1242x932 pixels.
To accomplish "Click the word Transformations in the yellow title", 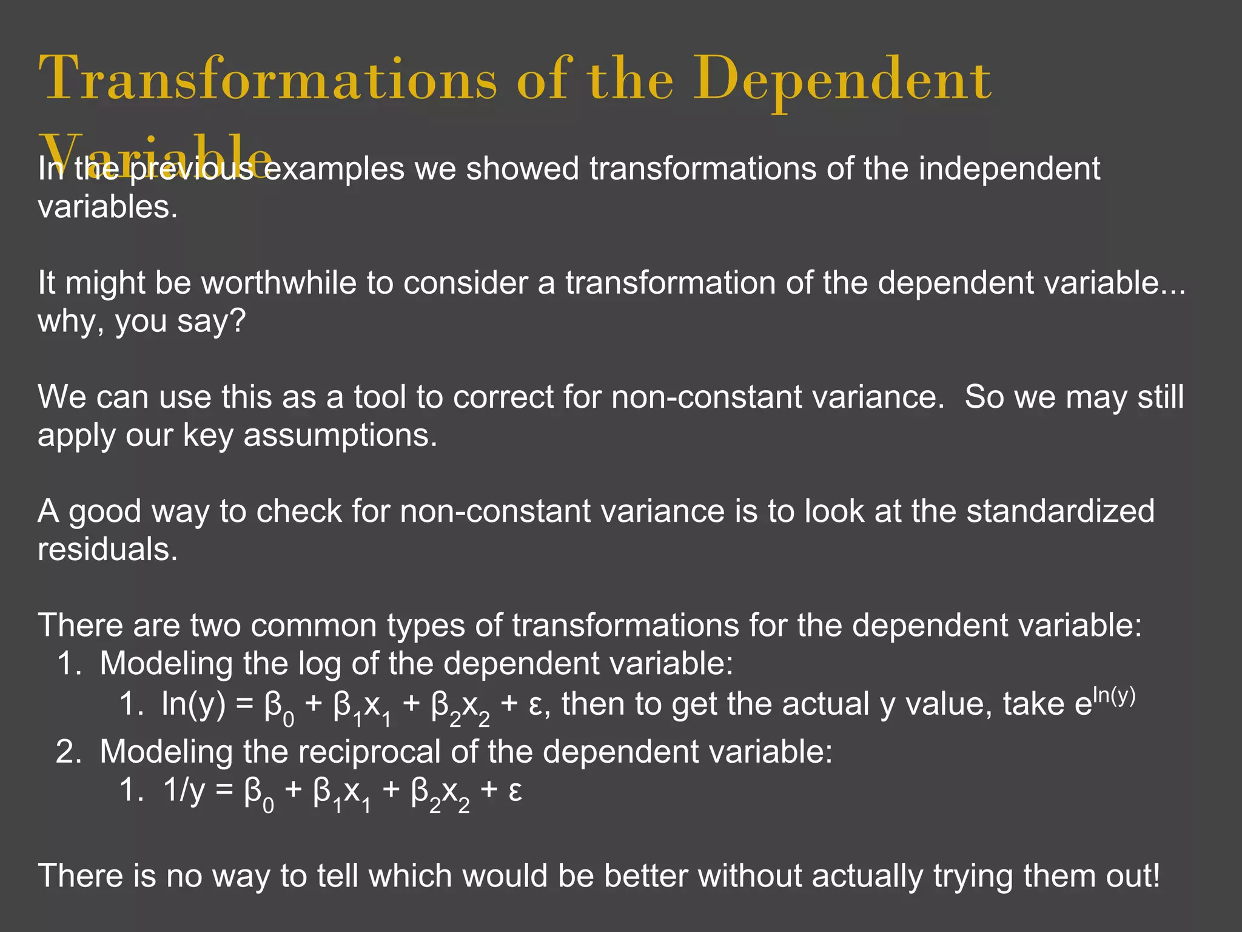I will click(x=267, y=79).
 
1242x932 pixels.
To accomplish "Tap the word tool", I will click(x=381, y=397).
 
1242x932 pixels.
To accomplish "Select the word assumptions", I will click(x=340, y=435).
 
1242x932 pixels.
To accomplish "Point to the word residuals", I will click(x=107, y=549).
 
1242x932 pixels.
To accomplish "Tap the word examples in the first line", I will click(x=334, y=168).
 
